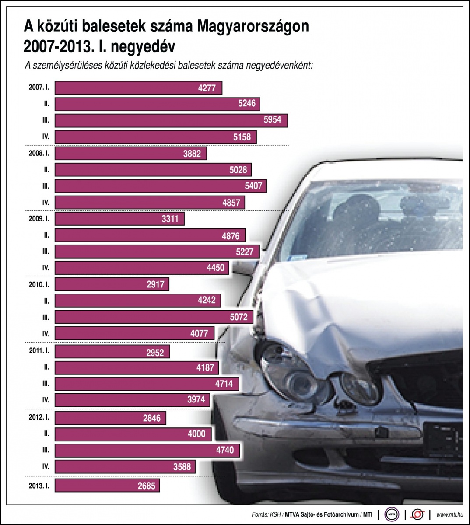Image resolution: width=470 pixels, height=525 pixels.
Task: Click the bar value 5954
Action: (x=272, y=120)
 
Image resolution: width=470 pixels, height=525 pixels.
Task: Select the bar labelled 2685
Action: (x=107, y=485)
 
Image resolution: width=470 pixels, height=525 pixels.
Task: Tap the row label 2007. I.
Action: (x=39, y=87)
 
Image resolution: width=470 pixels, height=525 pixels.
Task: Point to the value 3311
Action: (x=170, y=218)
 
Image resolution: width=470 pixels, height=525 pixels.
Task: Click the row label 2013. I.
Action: (x=39, y=485)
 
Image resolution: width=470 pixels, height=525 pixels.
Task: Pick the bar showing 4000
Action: (x=133, y=434)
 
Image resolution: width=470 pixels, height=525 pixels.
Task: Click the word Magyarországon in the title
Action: (x=253, y=27)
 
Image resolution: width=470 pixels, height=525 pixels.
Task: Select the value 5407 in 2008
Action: (x=253, y=186)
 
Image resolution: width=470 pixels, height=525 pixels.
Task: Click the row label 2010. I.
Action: (x=39, y=284)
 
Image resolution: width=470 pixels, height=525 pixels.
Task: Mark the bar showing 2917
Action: (x=112, y=284)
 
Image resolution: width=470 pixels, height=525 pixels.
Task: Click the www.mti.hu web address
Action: (x=450, y=514)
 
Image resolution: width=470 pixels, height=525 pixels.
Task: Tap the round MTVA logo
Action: (x=392, y=514)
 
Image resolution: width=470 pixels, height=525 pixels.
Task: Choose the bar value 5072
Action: (x=239, y=317)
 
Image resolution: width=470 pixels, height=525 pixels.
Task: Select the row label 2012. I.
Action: (x=39, y=417)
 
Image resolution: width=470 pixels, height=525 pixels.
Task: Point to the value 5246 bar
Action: (x=158, y=104)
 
